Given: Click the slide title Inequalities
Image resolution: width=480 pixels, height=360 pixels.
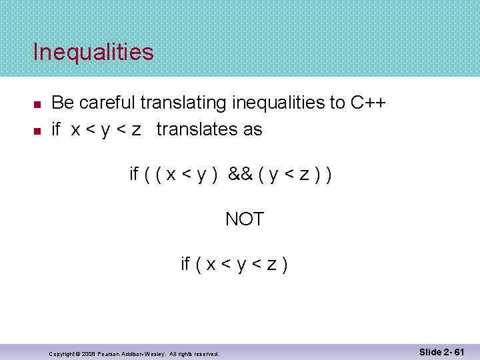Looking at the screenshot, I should pyautogui.click(x=93, y=52).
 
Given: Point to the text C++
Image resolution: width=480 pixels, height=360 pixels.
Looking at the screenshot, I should pyautogui.click(x=367, y=103).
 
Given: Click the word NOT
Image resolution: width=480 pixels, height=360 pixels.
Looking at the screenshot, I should pyautogui.click(x=245, y=219).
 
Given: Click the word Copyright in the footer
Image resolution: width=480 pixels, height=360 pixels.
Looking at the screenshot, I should pyautogui.click(x=63, y=353).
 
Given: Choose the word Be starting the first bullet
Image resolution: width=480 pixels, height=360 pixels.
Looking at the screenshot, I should pyautogui.click(x=61, y=103).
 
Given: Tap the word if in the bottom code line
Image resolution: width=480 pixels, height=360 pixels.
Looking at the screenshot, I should pyautogui.click(x=186, y=264).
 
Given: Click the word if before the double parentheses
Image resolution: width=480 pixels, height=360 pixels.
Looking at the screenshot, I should pyautogui.click(x=134, y=174).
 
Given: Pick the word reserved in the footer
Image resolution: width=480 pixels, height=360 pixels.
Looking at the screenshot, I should pyautogui.click(x=206, y=353).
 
